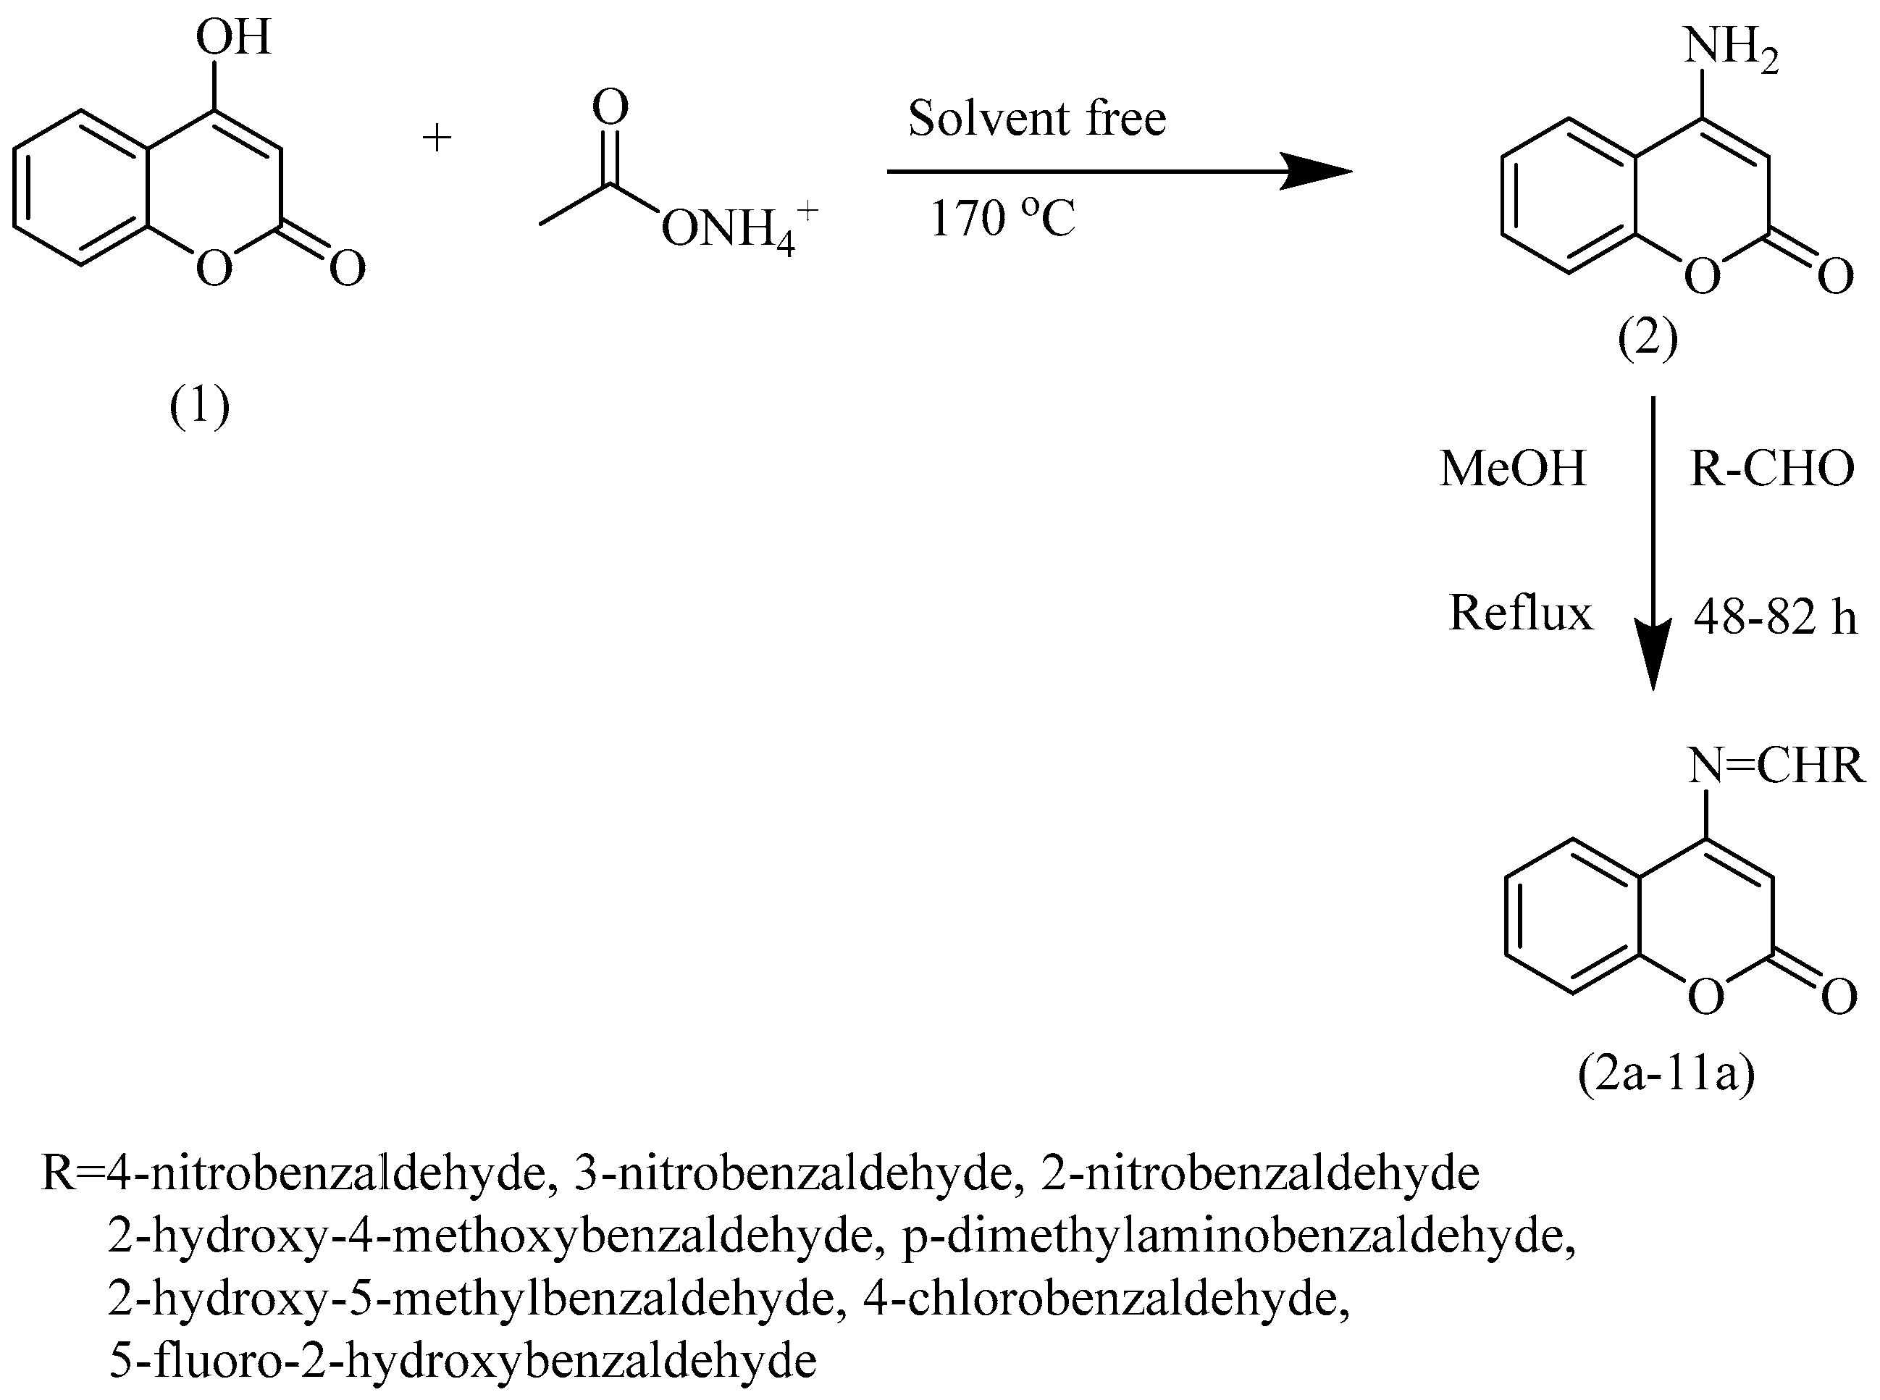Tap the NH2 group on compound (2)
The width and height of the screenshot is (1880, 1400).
1729,46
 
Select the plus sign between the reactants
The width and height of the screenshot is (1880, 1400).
437,138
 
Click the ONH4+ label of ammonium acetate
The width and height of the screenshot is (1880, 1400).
737,229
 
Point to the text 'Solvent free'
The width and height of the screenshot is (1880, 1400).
1036,118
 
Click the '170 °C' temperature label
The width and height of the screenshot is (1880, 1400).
1002,219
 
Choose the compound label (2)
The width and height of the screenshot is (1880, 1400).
1647,340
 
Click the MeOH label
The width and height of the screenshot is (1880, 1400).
1512,468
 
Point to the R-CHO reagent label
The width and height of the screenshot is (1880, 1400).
1771,468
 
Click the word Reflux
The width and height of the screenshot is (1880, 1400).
1520,613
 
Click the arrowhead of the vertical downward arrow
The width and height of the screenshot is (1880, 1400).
1652,661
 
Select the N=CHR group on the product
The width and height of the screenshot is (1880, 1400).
1776,766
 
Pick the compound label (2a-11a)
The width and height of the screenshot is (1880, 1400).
1666,1075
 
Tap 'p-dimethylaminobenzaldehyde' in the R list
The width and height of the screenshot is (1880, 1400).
1238,1236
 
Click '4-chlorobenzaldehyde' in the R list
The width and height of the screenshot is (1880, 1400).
1106,1299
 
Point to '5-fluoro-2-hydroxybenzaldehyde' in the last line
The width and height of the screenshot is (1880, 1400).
463,1361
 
